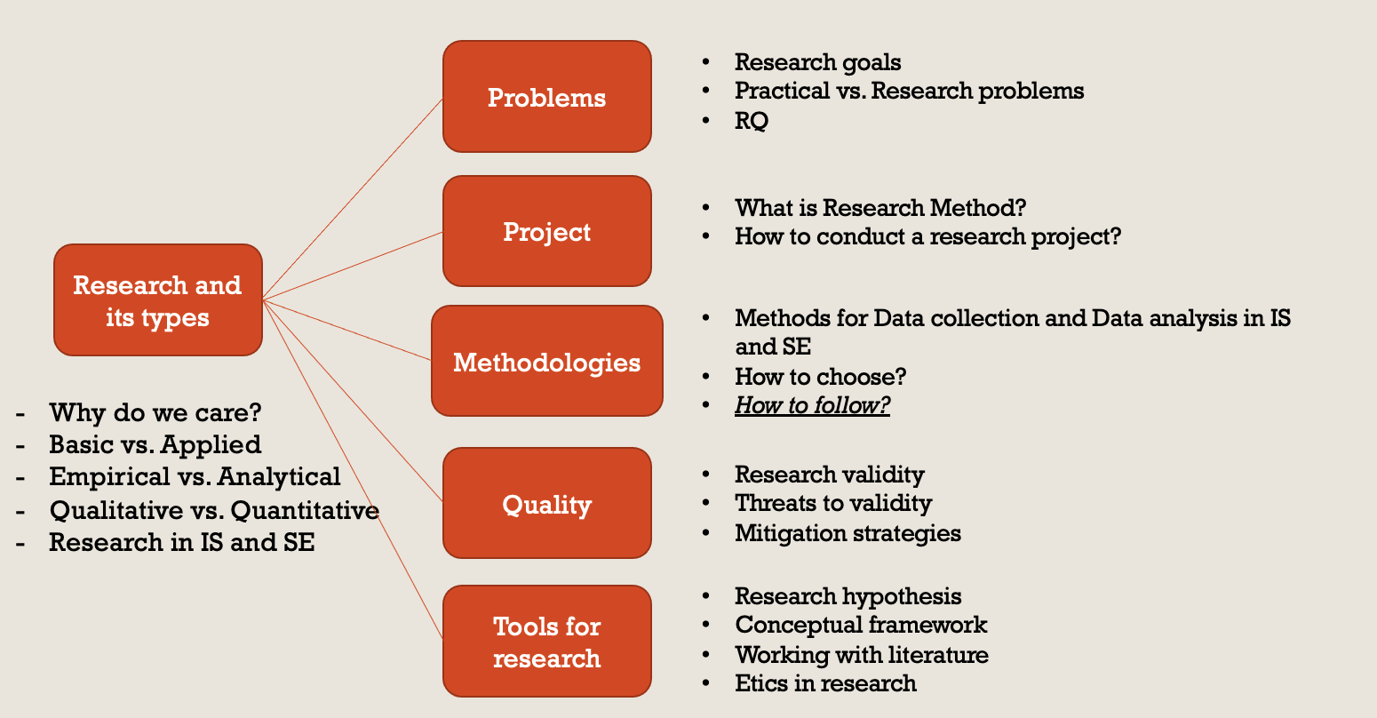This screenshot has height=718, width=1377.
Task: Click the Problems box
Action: tap(547, 97)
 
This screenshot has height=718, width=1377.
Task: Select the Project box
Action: tap(547, 231)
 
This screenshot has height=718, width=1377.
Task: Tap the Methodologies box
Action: tap(547, 361)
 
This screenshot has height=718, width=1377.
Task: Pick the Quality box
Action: tap(547, 503)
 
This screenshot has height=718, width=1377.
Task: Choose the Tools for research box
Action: tap(547, 642)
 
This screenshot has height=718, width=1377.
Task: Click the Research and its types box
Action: tap(158, 300)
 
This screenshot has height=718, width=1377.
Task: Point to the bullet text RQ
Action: tap(752, 121)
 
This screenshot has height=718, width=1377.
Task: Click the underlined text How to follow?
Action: tap(812, 405)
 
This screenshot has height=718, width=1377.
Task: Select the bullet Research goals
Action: tap(817, 63)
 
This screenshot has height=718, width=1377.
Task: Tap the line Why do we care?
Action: tap(155, 412)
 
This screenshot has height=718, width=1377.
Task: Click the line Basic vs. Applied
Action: tap(155, 444)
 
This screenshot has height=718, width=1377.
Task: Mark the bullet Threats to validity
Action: tap(833, 504)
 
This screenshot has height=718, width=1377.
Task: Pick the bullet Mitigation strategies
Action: tap(848, 533)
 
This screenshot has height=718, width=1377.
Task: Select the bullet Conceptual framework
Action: tap(861, 626)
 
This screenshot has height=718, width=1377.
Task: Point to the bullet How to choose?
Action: tap(820, 376)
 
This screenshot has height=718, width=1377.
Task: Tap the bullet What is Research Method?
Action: tap(880, 208)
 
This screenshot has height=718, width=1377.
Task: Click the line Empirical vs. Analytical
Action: tap(195, 476)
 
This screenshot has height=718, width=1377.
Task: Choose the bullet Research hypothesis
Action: tap(848, 596)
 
